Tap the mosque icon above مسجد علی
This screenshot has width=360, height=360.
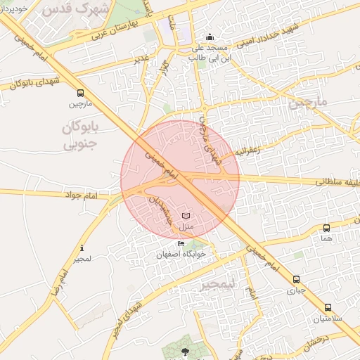pyautogui.click(x=209, y=37)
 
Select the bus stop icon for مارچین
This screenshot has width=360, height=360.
pyautogui.click(x=80, y=93)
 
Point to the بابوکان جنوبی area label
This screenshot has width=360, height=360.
pyautogui.click(x=77, y=136)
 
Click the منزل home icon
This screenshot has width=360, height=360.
pyautogui.click(x=186, y=215)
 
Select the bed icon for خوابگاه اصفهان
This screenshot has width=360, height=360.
pyautogui.click(x=181, y=244)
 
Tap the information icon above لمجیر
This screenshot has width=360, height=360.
pyautogui.click(x=82, y=248)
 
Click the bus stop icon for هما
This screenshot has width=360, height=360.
pyautogui.click(x=326, y=228)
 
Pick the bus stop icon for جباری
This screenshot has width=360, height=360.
pyautogui.click(x=296, y=279)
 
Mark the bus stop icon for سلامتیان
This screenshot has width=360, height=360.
pyautogui.click(x=328, y=307)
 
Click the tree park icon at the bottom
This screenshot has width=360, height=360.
pyautogui.click(x=185, y=351)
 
